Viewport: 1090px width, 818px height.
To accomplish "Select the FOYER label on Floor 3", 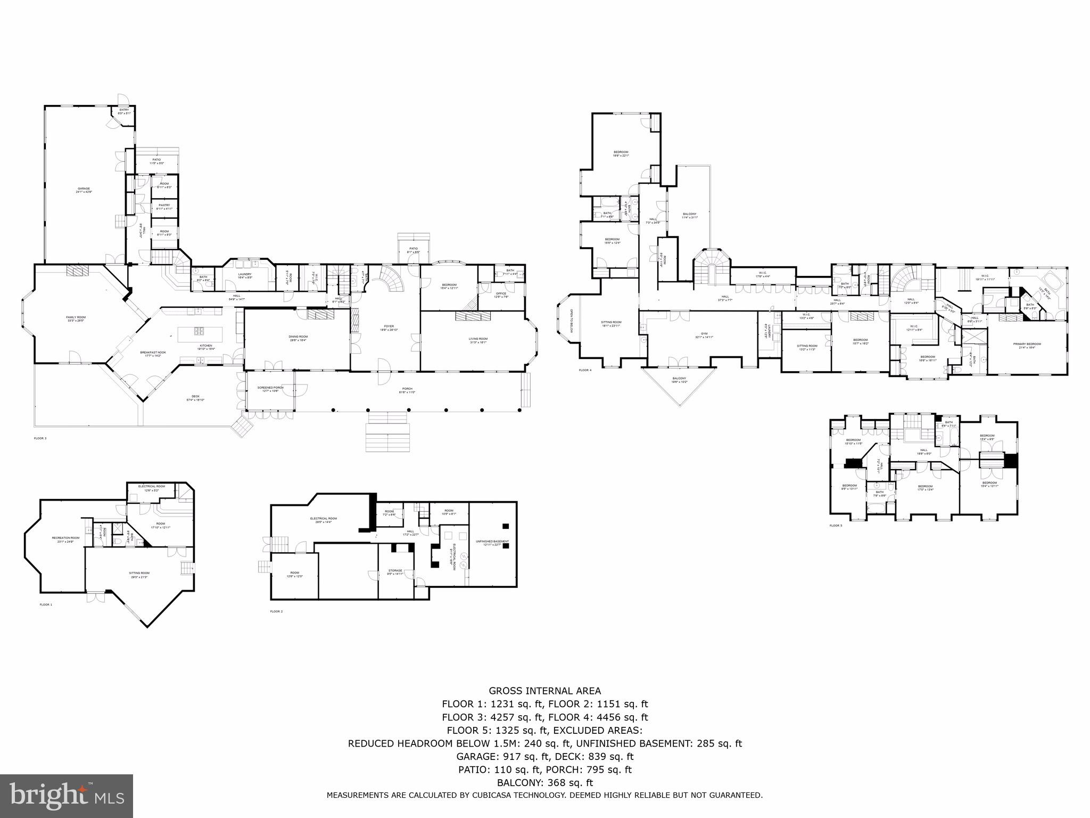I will tap(389, 328).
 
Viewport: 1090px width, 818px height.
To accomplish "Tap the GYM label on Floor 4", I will tap(704, 336).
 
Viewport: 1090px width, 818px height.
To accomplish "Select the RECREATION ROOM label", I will tap(65, 538).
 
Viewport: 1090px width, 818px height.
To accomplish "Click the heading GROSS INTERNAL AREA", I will tap(544, 691).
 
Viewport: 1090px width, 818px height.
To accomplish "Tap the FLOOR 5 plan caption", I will tap(836, 526).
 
